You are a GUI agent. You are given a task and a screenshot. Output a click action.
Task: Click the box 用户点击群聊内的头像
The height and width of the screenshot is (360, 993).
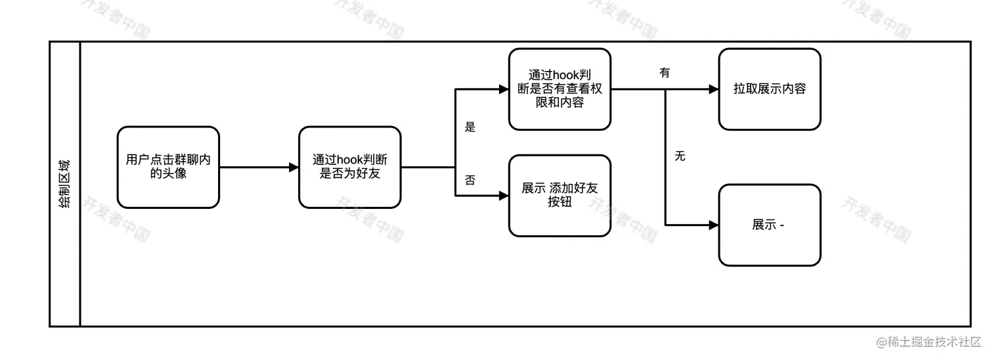168,168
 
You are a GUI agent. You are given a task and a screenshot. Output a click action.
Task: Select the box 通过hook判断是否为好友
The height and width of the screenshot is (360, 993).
349,168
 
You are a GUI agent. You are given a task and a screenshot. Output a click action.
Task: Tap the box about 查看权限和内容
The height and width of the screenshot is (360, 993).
560,89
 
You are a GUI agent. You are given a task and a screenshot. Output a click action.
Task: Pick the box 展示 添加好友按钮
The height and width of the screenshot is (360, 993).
560,195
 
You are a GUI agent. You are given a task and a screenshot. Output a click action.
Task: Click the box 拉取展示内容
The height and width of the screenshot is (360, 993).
770,89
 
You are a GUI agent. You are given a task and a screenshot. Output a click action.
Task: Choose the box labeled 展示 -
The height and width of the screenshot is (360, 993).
770,225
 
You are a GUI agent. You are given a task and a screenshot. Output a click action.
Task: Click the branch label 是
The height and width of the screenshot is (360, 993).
470,127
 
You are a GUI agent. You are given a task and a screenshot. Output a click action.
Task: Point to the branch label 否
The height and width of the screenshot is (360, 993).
470,180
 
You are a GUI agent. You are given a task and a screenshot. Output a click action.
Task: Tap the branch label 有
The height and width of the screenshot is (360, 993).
665,73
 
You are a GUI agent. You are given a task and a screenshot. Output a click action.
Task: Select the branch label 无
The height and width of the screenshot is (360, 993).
680,156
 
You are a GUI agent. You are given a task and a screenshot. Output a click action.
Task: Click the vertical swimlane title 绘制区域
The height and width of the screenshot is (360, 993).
65,184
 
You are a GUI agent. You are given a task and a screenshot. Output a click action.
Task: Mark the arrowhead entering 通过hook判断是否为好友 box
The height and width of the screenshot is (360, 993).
294,168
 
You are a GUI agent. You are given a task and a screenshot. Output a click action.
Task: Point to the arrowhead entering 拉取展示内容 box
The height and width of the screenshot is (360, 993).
714,89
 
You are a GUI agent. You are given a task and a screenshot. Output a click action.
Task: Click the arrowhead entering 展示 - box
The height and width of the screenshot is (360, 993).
714,225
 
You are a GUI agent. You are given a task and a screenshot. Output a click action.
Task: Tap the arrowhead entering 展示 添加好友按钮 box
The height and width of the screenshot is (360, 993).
504,195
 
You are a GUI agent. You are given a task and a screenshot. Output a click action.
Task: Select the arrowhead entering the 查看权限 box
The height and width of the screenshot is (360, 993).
504,89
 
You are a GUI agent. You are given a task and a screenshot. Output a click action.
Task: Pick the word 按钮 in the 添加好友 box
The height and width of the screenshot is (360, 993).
560,202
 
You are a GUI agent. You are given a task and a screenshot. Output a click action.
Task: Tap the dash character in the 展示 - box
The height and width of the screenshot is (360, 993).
782,225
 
